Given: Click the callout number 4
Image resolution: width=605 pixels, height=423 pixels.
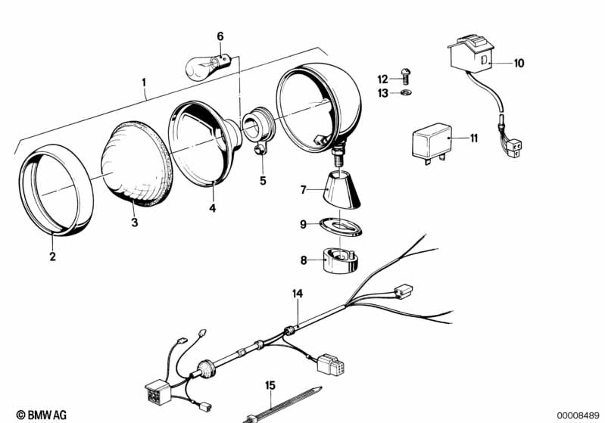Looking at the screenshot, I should [213, 207].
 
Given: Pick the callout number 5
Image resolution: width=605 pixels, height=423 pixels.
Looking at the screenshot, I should [264, 181].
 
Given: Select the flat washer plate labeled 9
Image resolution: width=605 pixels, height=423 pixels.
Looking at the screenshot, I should [340, 226].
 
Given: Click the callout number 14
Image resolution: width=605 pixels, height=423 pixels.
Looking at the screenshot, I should [298, 292].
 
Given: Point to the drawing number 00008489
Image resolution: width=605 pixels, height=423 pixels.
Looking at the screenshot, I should [577, 414].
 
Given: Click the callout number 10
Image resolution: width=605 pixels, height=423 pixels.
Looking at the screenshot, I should [518, 64].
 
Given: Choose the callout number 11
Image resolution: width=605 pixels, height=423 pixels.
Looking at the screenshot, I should [473, 138].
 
